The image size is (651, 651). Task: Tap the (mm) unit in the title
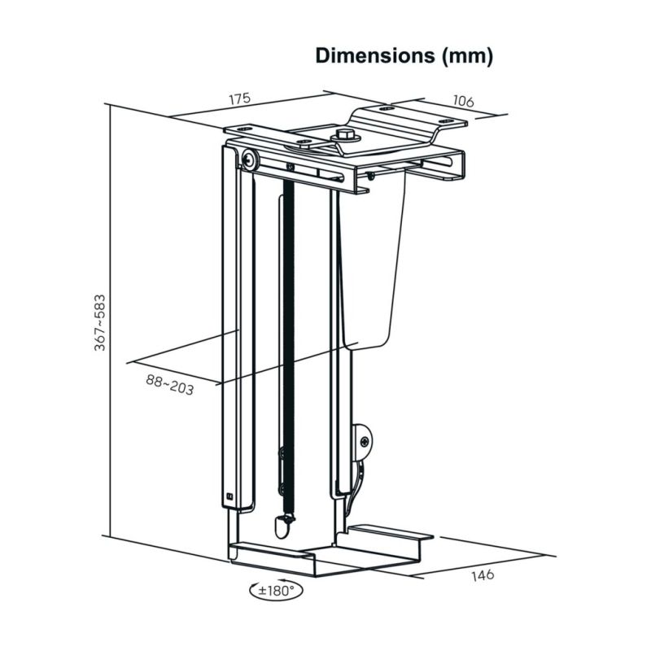(467, 56)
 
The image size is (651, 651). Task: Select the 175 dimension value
(238, 98)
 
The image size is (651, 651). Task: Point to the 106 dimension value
(462, 102)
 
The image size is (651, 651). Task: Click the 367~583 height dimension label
(99, 322)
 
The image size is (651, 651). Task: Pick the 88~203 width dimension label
(170, 383)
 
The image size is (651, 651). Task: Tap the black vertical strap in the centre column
(284, 342)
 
